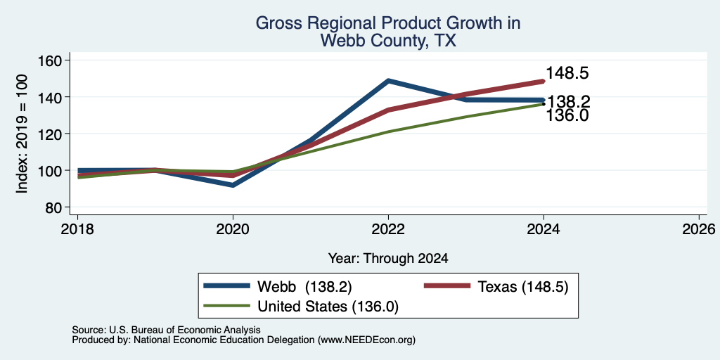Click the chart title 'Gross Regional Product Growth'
[388, 23]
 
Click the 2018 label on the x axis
[77, 229]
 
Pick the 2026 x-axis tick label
[699, 229]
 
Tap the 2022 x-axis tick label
[388, 229]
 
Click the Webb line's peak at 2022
[388, 81]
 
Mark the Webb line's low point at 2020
[233, 185]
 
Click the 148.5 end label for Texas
[567, 73]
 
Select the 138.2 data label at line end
[569, 101]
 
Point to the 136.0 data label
[567, 116]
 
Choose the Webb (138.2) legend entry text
[304, 287]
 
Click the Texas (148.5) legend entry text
[523, 287]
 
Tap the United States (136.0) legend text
[328, 307]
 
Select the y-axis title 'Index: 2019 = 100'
[22, 134]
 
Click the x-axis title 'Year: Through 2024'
[388, 259]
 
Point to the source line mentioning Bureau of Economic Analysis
[166, 330]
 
